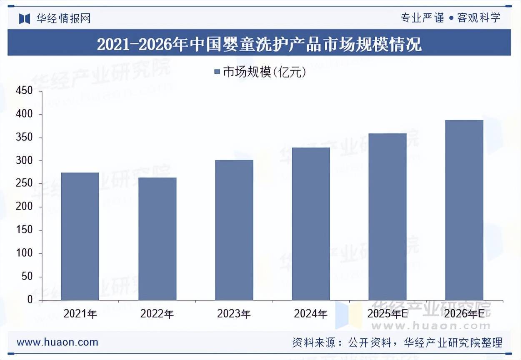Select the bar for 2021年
point(80,236)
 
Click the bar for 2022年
point(157,239)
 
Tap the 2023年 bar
point(234,230)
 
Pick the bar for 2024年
point(311,224)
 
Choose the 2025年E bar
point(387,217)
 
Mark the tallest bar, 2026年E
point(464,210)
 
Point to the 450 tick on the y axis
point(24,91)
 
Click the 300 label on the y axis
point(24,161)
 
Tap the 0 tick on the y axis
point(30,300)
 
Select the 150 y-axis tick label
point(24,230)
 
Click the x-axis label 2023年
point(234,314)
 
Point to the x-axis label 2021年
point(80,314)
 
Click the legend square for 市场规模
point(217,72)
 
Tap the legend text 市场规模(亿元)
point(265,72)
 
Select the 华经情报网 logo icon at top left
point(25,18)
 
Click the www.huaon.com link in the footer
point(58,342)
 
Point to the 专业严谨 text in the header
point(422,18)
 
